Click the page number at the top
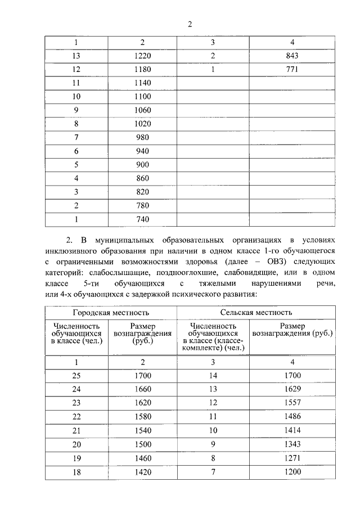point(190,24)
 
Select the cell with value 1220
point(142,56)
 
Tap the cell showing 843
point(292,56)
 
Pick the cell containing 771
point(292,70)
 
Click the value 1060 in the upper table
point(142,110)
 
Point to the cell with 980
point(142,137)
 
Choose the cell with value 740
point(142,219)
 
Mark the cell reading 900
point(142,165)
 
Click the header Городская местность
point(111,312)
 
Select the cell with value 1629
point(292,389)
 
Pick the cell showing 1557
point(292,403)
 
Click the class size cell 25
point(76,376)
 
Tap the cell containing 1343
point(292,444)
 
